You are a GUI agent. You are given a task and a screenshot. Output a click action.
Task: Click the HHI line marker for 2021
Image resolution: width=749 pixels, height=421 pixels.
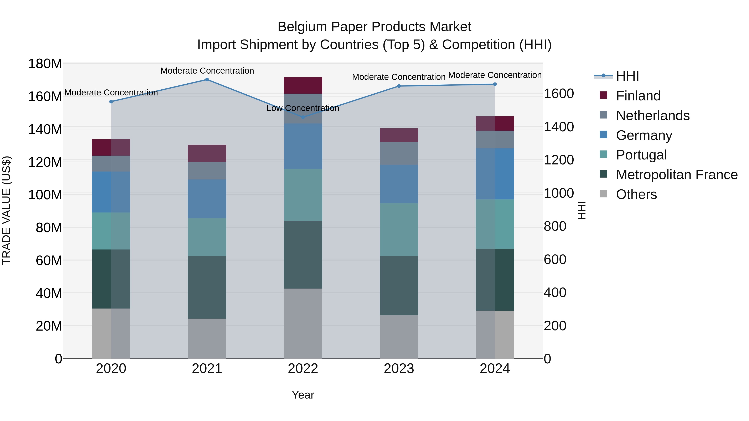pos(207,80)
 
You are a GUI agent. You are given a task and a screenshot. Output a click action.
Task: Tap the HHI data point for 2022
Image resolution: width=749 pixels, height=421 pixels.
pos(303,117)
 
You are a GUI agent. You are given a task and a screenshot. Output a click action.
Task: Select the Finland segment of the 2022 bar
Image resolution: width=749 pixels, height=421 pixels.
pos(303,85)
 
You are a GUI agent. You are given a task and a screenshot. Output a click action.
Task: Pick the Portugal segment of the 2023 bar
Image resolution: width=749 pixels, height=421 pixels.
pos(399,230)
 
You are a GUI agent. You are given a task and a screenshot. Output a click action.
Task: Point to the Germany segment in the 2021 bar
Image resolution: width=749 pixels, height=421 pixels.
pos(207,199)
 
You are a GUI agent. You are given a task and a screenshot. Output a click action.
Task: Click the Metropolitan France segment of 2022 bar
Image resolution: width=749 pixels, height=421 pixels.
pos(303,254)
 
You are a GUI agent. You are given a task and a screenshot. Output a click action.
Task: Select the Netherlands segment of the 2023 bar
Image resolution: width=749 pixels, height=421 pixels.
pos(399,153)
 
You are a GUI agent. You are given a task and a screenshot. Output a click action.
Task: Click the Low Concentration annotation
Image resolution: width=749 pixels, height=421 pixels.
pos(303,108)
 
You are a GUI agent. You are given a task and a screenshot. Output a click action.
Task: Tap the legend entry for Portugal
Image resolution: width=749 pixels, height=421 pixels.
pos(641,155)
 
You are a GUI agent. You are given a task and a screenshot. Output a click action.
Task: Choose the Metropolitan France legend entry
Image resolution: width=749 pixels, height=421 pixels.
pos(677,175)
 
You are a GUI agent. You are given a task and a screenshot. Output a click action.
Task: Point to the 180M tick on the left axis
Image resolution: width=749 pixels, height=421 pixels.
pos(45,64)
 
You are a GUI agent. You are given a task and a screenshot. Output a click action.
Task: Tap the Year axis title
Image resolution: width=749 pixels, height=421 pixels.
pos(303,395)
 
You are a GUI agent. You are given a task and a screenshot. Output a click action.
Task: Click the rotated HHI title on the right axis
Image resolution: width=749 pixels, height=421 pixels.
pos(582,210)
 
